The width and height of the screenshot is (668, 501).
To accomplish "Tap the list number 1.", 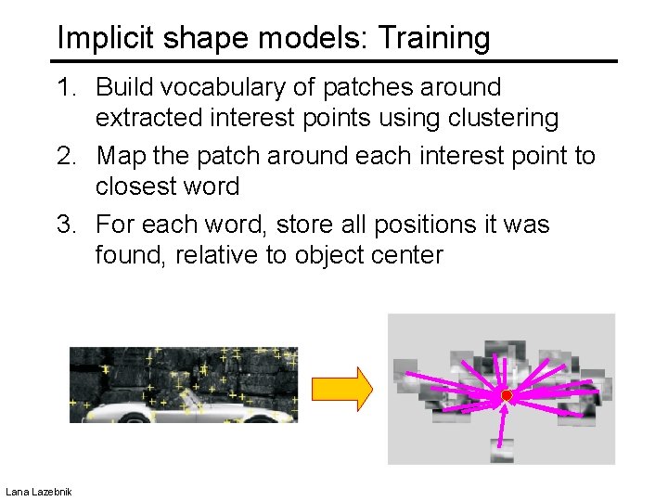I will point(66,87).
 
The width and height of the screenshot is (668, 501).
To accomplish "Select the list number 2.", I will point(66,155).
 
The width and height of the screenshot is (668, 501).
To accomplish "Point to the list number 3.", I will point(66,225).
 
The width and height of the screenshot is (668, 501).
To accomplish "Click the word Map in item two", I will point(121,155).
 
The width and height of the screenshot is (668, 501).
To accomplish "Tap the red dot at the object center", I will point(507,396).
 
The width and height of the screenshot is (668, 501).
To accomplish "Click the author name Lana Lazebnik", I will point(39,490).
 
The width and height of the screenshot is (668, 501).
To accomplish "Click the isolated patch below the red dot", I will point(502,450).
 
